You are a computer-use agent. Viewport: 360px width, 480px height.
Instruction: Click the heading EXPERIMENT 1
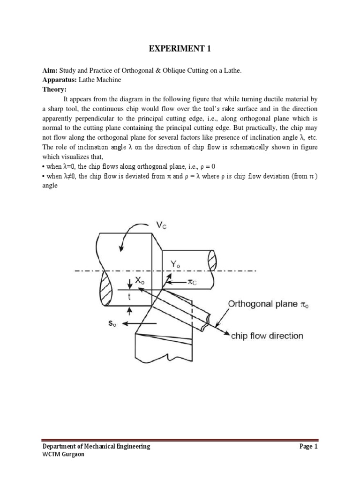pos(180,47)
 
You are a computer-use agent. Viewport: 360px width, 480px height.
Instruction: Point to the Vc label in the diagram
pos(161,226)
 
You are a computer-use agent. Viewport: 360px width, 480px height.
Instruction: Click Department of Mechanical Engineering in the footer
pos(96,447)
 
